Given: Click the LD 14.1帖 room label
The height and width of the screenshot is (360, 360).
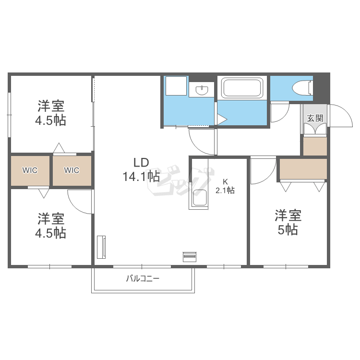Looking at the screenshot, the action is tap(141, 170).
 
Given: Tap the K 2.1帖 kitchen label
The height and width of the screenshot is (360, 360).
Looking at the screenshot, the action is tap(225, 186).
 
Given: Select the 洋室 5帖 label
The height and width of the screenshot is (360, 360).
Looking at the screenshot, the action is tap(288, 222).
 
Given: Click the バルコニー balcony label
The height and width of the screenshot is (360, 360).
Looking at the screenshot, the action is tap(143, 278).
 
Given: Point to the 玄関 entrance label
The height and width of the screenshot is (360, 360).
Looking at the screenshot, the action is tap(315, 119).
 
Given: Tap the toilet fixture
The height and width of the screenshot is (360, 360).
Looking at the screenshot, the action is tap(302, 87).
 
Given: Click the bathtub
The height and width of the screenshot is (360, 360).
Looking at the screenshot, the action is tap(242, 88).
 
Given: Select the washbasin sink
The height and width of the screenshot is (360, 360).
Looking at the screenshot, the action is tap(202, 90).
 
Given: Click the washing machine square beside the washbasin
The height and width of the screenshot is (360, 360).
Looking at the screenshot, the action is tap(176, 86).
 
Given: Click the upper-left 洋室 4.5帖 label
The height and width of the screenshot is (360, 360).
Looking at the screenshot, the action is tap(50, 113).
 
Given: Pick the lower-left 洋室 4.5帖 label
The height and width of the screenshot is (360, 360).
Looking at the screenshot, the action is tap(50, 226).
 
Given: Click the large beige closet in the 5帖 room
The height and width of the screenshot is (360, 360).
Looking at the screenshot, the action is tap(303, 169).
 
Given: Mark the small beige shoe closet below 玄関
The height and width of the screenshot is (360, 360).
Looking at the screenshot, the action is tap(315, 146).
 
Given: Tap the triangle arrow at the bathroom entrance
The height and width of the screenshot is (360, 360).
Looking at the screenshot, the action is tap(222, 120).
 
